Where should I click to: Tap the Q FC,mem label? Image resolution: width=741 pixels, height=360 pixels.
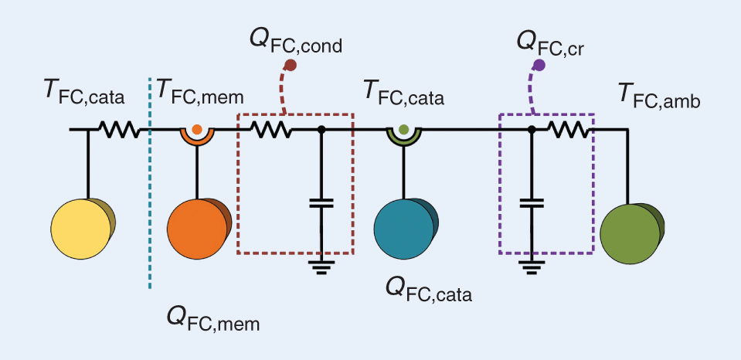tap(213, 318)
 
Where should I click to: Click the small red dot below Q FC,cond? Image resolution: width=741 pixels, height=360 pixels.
tap(291, 66)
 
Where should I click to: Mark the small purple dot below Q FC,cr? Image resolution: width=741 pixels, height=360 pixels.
tap(539, 66)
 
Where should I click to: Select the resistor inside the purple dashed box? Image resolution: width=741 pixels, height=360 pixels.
tap(567, 131)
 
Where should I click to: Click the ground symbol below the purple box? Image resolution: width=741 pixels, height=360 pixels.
tap(532, 267)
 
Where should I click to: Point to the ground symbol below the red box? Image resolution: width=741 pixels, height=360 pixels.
tap(321, 267)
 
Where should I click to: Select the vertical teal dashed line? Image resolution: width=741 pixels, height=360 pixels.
tap(149, 193)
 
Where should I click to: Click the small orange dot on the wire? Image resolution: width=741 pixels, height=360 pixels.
tap(197, 129)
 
